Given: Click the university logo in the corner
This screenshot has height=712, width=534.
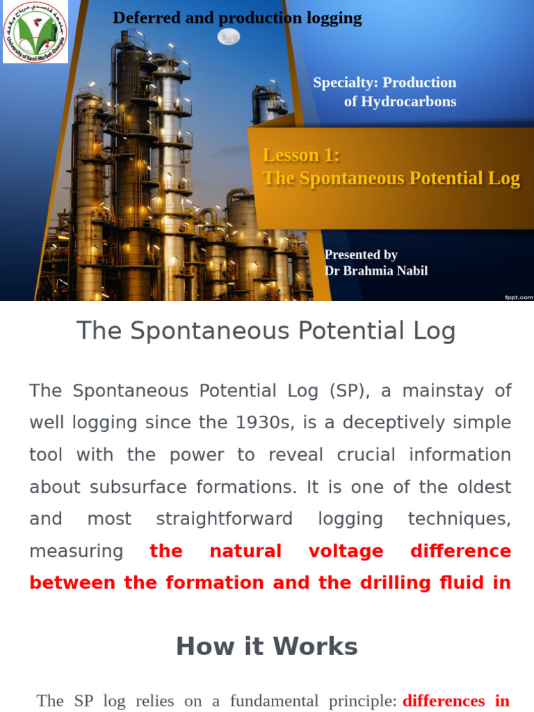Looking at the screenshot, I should tap(35, 32).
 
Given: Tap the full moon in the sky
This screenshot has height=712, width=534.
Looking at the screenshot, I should tap(229, 36).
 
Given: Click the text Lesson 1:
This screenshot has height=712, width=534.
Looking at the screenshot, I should tap(301, 155).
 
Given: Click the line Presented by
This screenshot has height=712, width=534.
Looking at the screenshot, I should tap(361, 254).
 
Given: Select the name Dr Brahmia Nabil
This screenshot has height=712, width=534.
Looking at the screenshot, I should tap(376, 270).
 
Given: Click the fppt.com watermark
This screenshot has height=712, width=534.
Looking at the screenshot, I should tap(519, 297).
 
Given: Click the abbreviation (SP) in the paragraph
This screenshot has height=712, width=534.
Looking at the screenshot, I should tap(346, 391).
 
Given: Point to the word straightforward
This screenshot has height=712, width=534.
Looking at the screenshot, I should tap(224, 519).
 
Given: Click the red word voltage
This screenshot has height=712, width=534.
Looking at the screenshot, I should tap(346, 551).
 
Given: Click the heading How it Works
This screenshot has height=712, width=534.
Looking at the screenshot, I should tap(267, 647).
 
